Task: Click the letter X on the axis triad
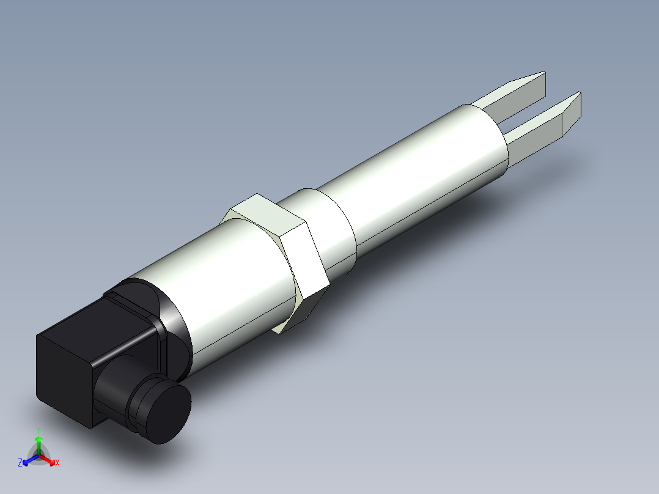coord(57,463)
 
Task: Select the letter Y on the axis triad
coord(38,430)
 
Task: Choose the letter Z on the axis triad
coord(20,463)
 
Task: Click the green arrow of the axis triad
coord(39,443)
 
